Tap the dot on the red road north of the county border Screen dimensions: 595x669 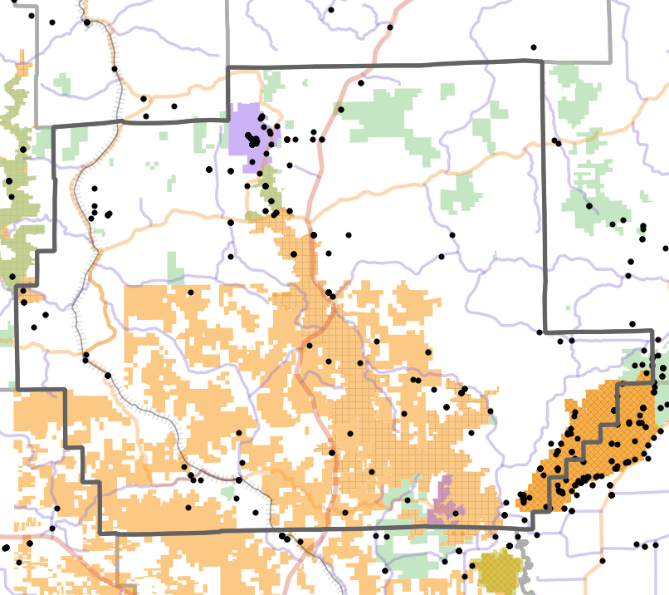pyautogui.click(x=389, y=27)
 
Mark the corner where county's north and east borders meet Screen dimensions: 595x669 pyautogui.click(x=543, y=61)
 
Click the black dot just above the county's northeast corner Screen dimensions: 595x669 pyautogui.click(x=534, y=47)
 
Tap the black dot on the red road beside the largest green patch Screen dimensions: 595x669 pyautogui.click(x=340, y=109)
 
